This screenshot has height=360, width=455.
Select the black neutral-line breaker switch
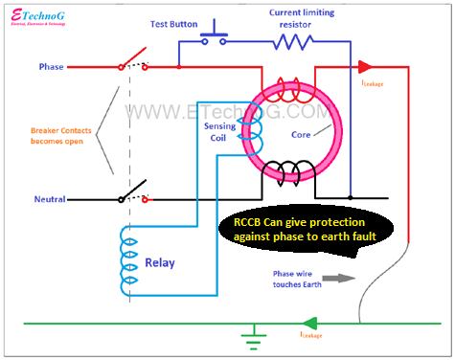(x=134, y=191)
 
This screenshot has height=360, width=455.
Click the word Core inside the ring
(x=301, y=135)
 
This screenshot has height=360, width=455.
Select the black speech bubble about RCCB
(x=303, y=235)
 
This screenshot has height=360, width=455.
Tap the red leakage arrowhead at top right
(x=367, y=67)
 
